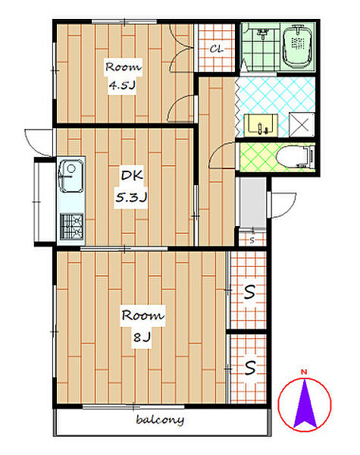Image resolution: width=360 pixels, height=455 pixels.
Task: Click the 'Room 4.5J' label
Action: (123, 76)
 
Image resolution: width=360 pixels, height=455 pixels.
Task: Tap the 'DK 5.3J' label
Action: (131, 186)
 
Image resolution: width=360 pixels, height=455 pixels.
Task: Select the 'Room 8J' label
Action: (142, 325)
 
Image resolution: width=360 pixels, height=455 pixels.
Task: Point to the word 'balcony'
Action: (160, 420)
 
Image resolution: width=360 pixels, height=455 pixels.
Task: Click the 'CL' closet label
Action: (217, 49)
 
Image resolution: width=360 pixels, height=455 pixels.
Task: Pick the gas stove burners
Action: (71, 227)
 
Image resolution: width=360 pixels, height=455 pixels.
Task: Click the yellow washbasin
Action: (261, 125)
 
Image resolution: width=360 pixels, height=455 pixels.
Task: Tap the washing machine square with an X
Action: (302, 124)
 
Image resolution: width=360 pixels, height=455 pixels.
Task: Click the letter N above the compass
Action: (304, 372)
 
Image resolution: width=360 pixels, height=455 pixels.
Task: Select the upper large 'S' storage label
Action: (249, 292)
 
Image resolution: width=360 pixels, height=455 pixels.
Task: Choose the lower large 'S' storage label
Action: (250, 368)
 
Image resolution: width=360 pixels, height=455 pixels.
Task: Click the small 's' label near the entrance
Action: (252, 240)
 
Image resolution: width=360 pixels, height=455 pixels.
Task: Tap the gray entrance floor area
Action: (252, 202)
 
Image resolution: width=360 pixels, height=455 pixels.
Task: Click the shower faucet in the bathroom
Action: (262, 34)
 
